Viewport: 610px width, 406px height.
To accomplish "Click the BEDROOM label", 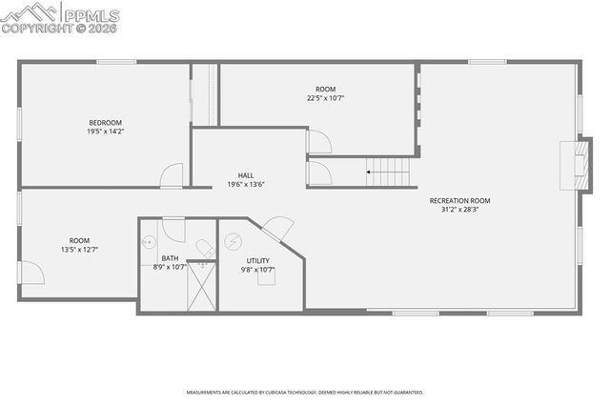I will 106,122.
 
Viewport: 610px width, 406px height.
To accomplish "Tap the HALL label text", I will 246,175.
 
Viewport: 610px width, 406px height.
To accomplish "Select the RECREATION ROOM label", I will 459,200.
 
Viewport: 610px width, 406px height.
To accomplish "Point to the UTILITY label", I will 257,260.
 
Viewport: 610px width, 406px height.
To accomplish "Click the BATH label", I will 170,258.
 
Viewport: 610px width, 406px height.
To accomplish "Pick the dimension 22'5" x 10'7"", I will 326,97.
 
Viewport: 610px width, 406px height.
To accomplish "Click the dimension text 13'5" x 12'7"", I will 79,250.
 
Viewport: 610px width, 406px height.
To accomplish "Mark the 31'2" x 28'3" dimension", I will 459,210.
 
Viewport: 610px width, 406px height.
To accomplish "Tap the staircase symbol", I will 390,173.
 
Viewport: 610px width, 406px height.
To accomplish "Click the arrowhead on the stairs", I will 370,173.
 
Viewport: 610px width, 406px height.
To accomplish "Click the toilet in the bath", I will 204,248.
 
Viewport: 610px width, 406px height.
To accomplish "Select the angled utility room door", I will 278,229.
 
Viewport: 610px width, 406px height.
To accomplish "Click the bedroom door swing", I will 171,175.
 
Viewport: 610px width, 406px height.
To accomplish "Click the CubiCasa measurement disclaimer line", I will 305,391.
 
